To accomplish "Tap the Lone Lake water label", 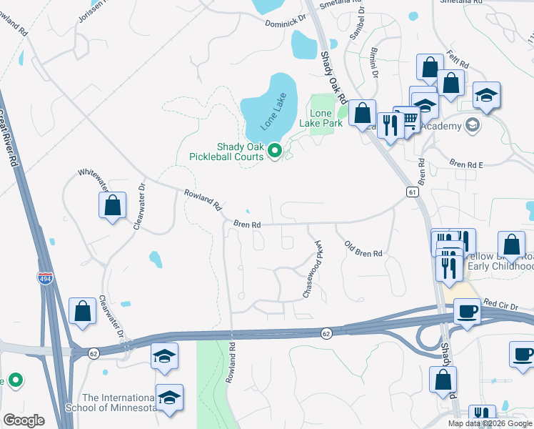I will (x=273, y=112).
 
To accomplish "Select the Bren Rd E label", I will (x=465, y=164).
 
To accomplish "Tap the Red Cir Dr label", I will (x=499, y=303).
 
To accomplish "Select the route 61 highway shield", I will (x=412, y=192).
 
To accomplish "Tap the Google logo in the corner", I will (x=24, y=420).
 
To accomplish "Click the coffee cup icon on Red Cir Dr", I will (x=468, y=311).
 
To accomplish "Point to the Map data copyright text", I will (x=489, y=423).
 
